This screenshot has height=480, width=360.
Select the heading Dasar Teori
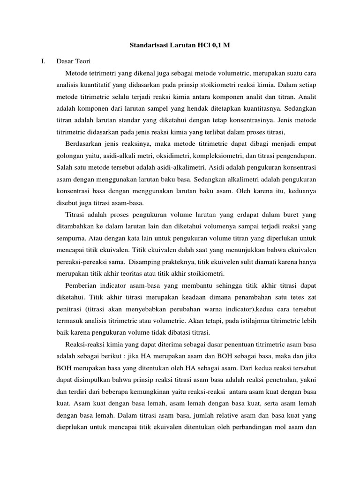[75, 61]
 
